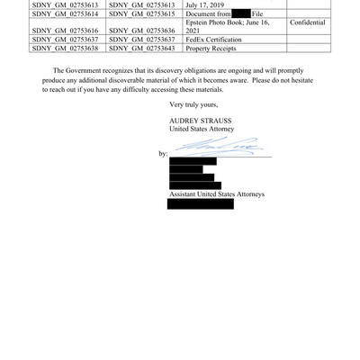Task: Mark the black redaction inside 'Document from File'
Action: [x=241, y=13]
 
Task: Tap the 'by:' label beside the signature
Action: [x=163, y=154]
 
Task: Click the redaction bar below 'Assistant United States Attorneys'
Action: [x=201, y=204]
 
